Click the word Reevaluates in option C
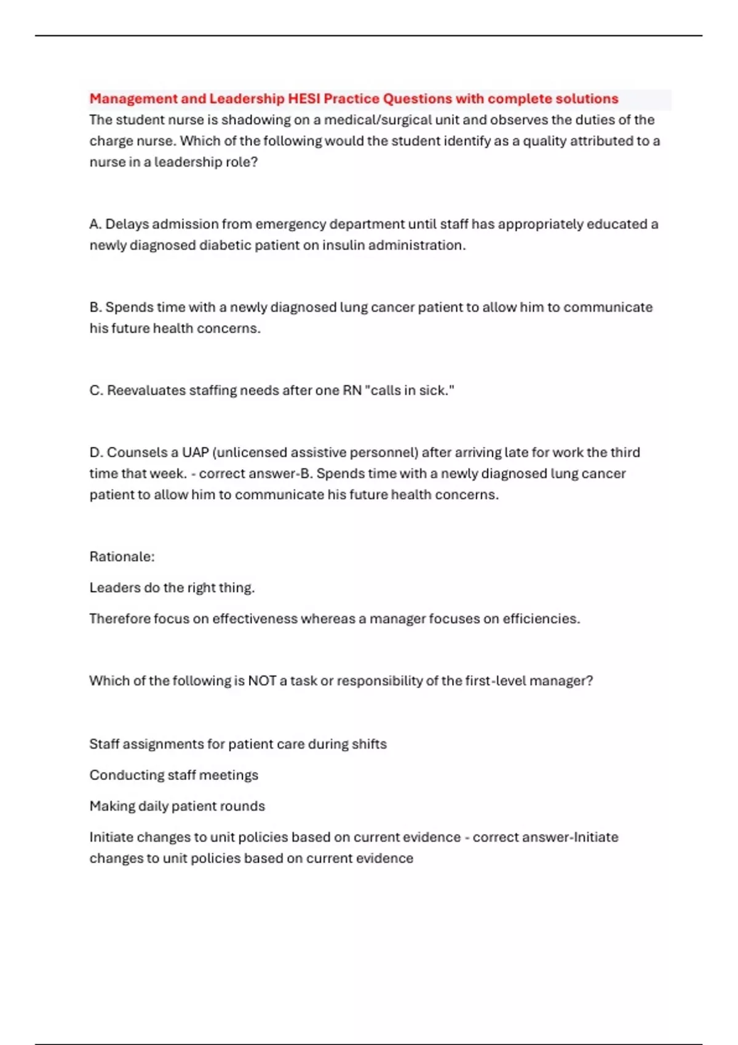pos(146,390)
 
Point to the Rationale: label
pos(122,557)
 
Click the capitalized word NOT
pos(262,681)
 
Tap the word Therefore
pos(119,618)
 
